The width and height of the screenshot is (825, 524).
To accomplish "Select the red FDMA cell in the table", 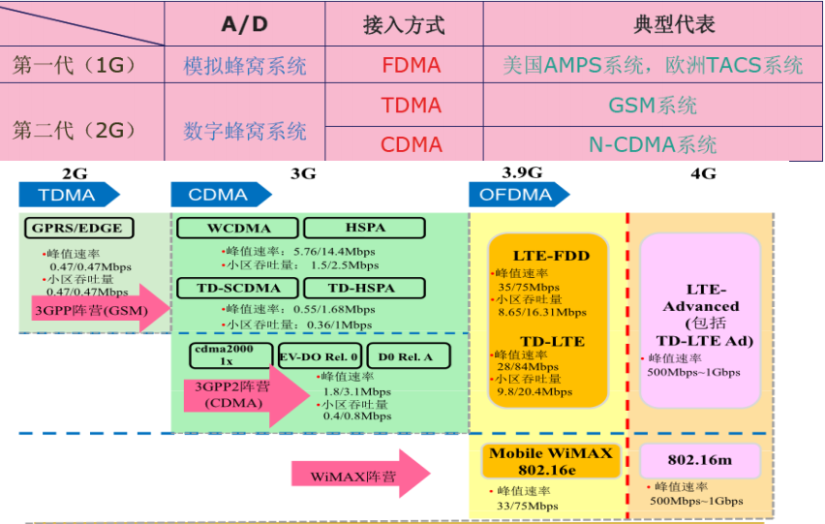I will (411, 66).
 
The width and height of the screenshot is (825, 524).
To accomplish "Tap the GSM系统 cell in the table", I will (653, 105).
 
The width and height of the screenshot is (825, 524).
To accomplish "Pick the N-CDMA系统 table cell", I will (653, 144).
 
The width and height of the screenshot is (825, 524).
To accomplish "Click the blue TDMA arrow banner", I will (68, 195).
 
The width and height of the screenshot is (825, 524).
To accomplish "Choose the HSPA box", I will (364, 229).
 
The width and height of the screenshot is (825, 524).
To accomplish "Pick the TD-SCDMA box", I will (235, 288).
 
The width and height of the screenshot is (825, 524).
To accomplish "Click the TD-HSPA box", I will (362, 288).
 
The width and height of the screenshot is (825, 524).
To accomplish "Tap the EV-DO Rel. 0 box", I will (321, 355).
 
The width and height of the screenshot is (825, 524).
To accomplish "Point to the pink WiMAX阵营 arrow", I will (358, 474).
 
